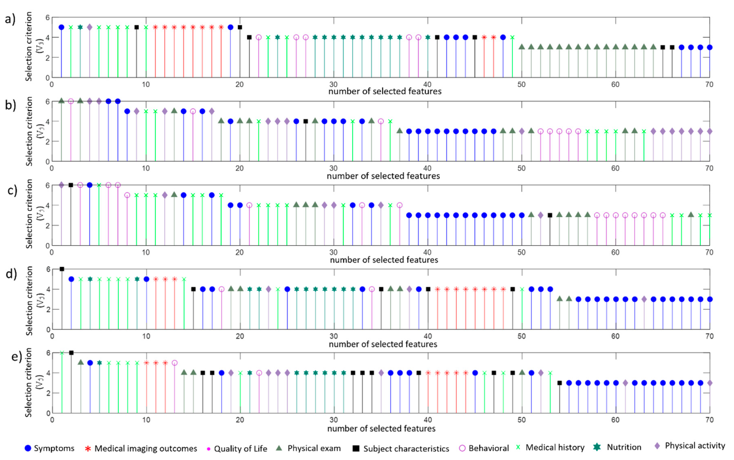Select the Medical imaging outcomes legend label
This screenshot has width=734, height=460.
[145, 448]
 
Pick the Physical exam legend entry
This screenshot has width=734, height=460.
[314, 448]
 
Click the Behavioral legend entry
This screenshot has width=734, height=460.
[488, 448]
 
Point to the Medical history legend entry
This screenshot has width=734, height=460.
[555, 447]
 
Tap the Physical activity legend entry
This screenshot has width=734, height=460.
[694, 446]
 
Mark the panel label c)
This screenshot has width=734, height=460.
[12, 191]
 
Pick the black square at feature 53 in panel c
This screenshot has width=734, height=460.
[550, 215]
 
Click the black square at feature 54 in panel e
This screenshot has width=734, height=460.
[560, 383]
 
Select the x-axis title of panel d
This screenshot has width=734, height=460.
[383, 344]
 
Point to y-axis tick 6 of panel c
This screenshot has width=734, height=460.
[47, 185]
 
